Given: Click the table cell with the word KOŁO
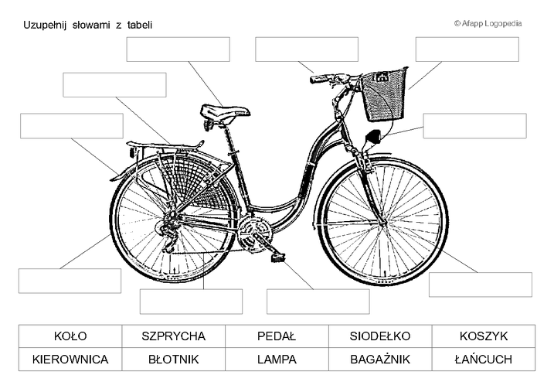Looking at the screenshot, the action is point(70,336).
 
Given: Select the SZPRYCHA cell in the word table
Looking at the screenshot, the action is point(174,336).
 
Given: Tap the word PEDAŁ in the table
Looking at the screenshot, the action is point(277,336).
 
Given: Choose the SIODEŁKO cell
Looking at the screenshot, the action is point(380,336).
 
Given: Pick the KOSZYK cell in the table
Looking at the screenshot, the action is point(484,336).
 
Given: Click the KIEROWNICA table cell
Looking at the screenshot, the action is point(70,359).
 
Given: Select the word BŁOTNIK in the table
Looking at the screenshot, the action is point(174,359).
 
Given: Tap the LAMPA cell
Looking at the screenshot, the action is point(277,359).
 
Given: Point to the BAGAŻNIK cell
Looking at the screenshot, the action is point(380,359).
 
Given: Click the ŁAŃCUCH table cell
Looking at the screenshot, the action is point(484,359).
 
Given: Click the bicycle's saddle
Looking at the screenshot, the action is point(225,112).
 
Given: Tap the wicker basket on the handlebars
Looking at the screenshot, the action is point(384,95).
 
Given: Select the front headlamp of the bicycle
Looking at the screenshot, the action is point(372,137).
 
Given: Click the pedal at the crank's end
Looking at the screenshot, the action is point(278,257).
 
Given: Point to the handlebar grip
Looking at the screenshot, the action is point(319,79).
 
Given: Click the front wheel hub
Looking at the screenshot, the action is point(383,223).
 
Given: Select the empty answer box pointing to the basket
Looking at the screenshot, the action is point(467,49).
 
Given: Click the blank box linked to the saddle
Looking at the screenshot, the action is point(178,49).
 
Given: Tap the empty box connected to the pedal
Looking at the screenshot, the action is point(318,302).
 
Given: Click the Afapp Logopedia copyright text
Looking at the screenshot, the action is point(488,24).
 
